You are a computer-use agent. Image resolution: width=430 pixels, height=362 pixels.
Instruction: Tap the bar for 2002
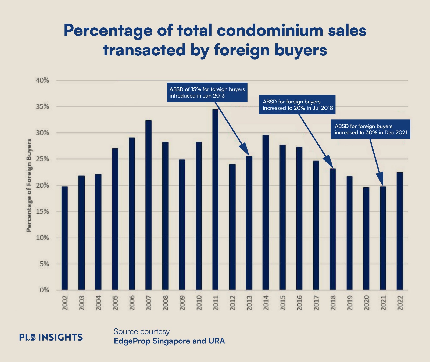[64, 238]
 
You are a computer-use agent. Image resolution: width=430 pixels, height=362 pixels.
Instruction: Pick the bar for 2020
[366, 238]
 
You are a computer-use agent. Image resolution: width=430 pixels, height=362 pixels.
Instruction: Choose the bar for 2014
[266, 212]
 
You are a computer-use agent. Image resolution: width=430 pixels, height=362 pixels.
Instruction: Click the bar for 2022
[400, 231]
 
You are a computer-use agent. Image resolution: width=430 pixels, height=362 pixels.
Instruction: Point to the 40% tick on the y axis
[43, 80]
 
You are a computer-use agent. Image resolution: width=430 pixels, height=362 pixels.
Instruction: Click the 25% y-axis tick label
[43, 159]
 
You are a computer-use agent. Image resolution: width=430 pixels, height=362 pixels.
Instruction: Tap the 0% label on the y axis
[44, 290]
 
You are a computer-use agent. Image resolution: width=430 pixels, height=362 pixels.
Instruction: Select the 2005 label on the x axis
[115, 303]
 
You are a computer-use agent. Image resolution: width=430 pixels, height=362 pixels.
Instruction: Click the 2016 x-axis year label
[299, 303]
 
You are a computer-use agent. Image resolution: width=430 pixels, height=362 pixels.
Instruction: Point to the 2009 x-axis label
[182, 303]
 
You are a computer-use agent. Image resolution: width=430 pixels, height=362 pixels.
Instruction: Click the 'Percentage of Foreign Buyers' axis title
[29, 185]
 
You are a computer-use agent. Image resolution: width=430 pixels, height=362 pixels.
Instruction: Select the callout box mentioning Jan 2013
[207, 92]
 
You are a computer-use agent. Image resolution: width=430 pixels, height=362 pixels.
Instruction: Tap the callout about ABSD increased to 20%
[297, 105]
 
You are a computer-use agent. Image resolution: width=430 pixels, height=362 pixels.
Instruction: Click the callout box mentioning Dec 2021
[371, 129]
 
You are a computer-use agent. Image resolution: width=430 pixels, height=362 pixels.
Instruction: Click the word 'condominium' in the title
[270, 31]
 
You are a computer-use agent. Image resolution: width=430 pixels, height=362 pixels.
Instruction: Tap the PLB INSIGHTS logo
[51, 337]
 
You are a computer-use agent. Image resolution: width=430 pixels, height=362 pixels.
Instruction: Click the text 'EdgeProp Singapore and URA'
[169, 341]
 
